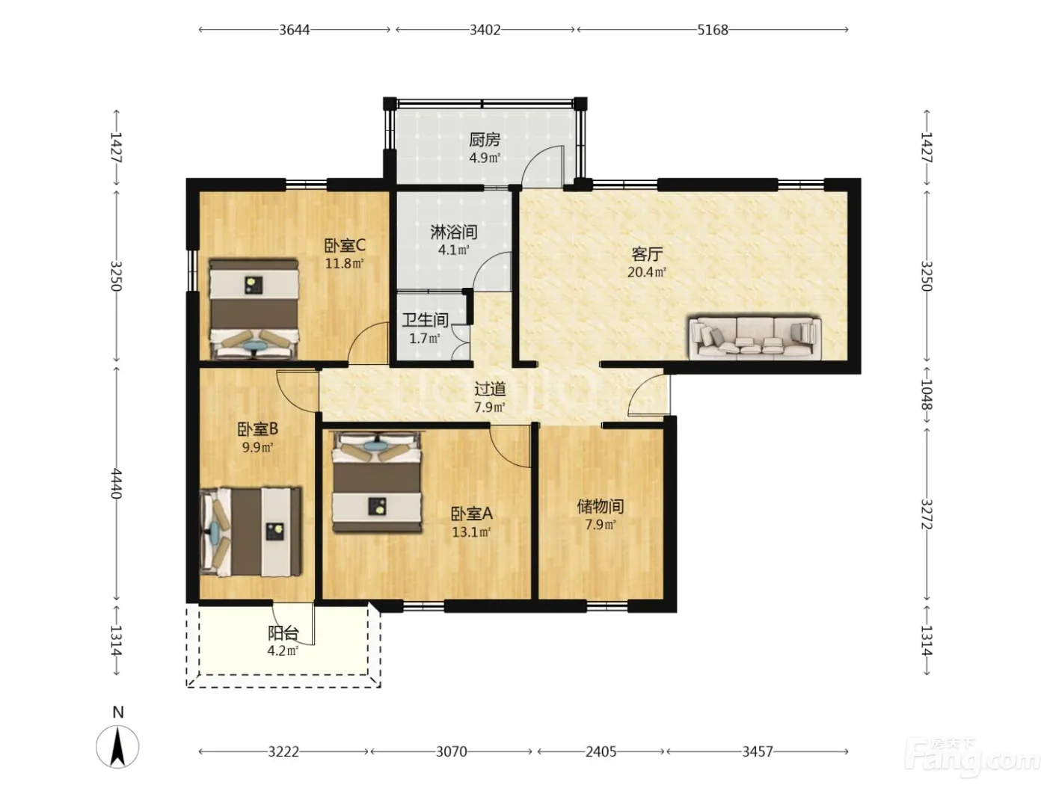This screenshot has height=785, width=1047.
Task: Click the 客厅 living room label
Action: (x=647, y=254)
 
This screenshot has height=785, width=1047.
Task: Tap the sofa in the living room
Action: (x=755, y=337)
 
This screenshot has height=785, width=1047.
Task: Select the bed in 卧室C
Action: (x=254, y=309)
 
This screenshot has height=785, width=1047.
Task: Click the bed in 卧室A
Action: (x=377, y=482)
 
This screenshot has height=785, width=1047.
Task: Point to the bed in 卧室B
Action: (x=251, y=532)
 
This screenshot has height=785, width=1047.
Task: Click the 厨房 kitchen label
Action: (x=485, y=140)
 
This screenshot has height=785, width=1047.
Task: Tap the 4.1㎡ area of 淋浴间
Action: (x=454, y=250)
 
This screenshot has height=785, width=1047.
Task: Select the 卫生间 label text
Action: (x=425, y=320)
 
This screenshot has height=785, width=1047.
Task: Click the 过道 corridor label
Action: (x=490, y=390)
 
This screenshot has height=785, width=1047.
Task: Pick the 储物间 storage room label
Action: (x=601, y=506)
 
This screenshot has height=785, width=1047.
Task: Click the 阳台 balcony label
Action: (x=283, y=633)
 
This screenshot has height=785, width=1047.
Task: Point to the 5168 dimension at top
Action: (x=713, y=30)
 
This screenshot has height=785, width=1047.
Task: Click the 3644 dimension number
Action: (x=295, y=30)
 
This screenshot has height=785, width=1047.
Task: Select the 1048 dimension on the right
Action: (x=926, y=395)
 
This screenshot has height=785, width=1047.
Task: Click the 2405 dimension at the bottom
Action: (x=601, y=751)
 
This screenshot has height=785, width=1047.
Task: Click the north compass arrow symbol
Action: (x=118, y=747)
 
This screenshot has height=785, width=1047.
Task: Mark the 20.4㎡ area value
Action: (x=647, y=272)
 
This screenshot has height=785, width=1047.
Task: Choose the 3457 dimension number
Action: (x=758, y=751)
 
